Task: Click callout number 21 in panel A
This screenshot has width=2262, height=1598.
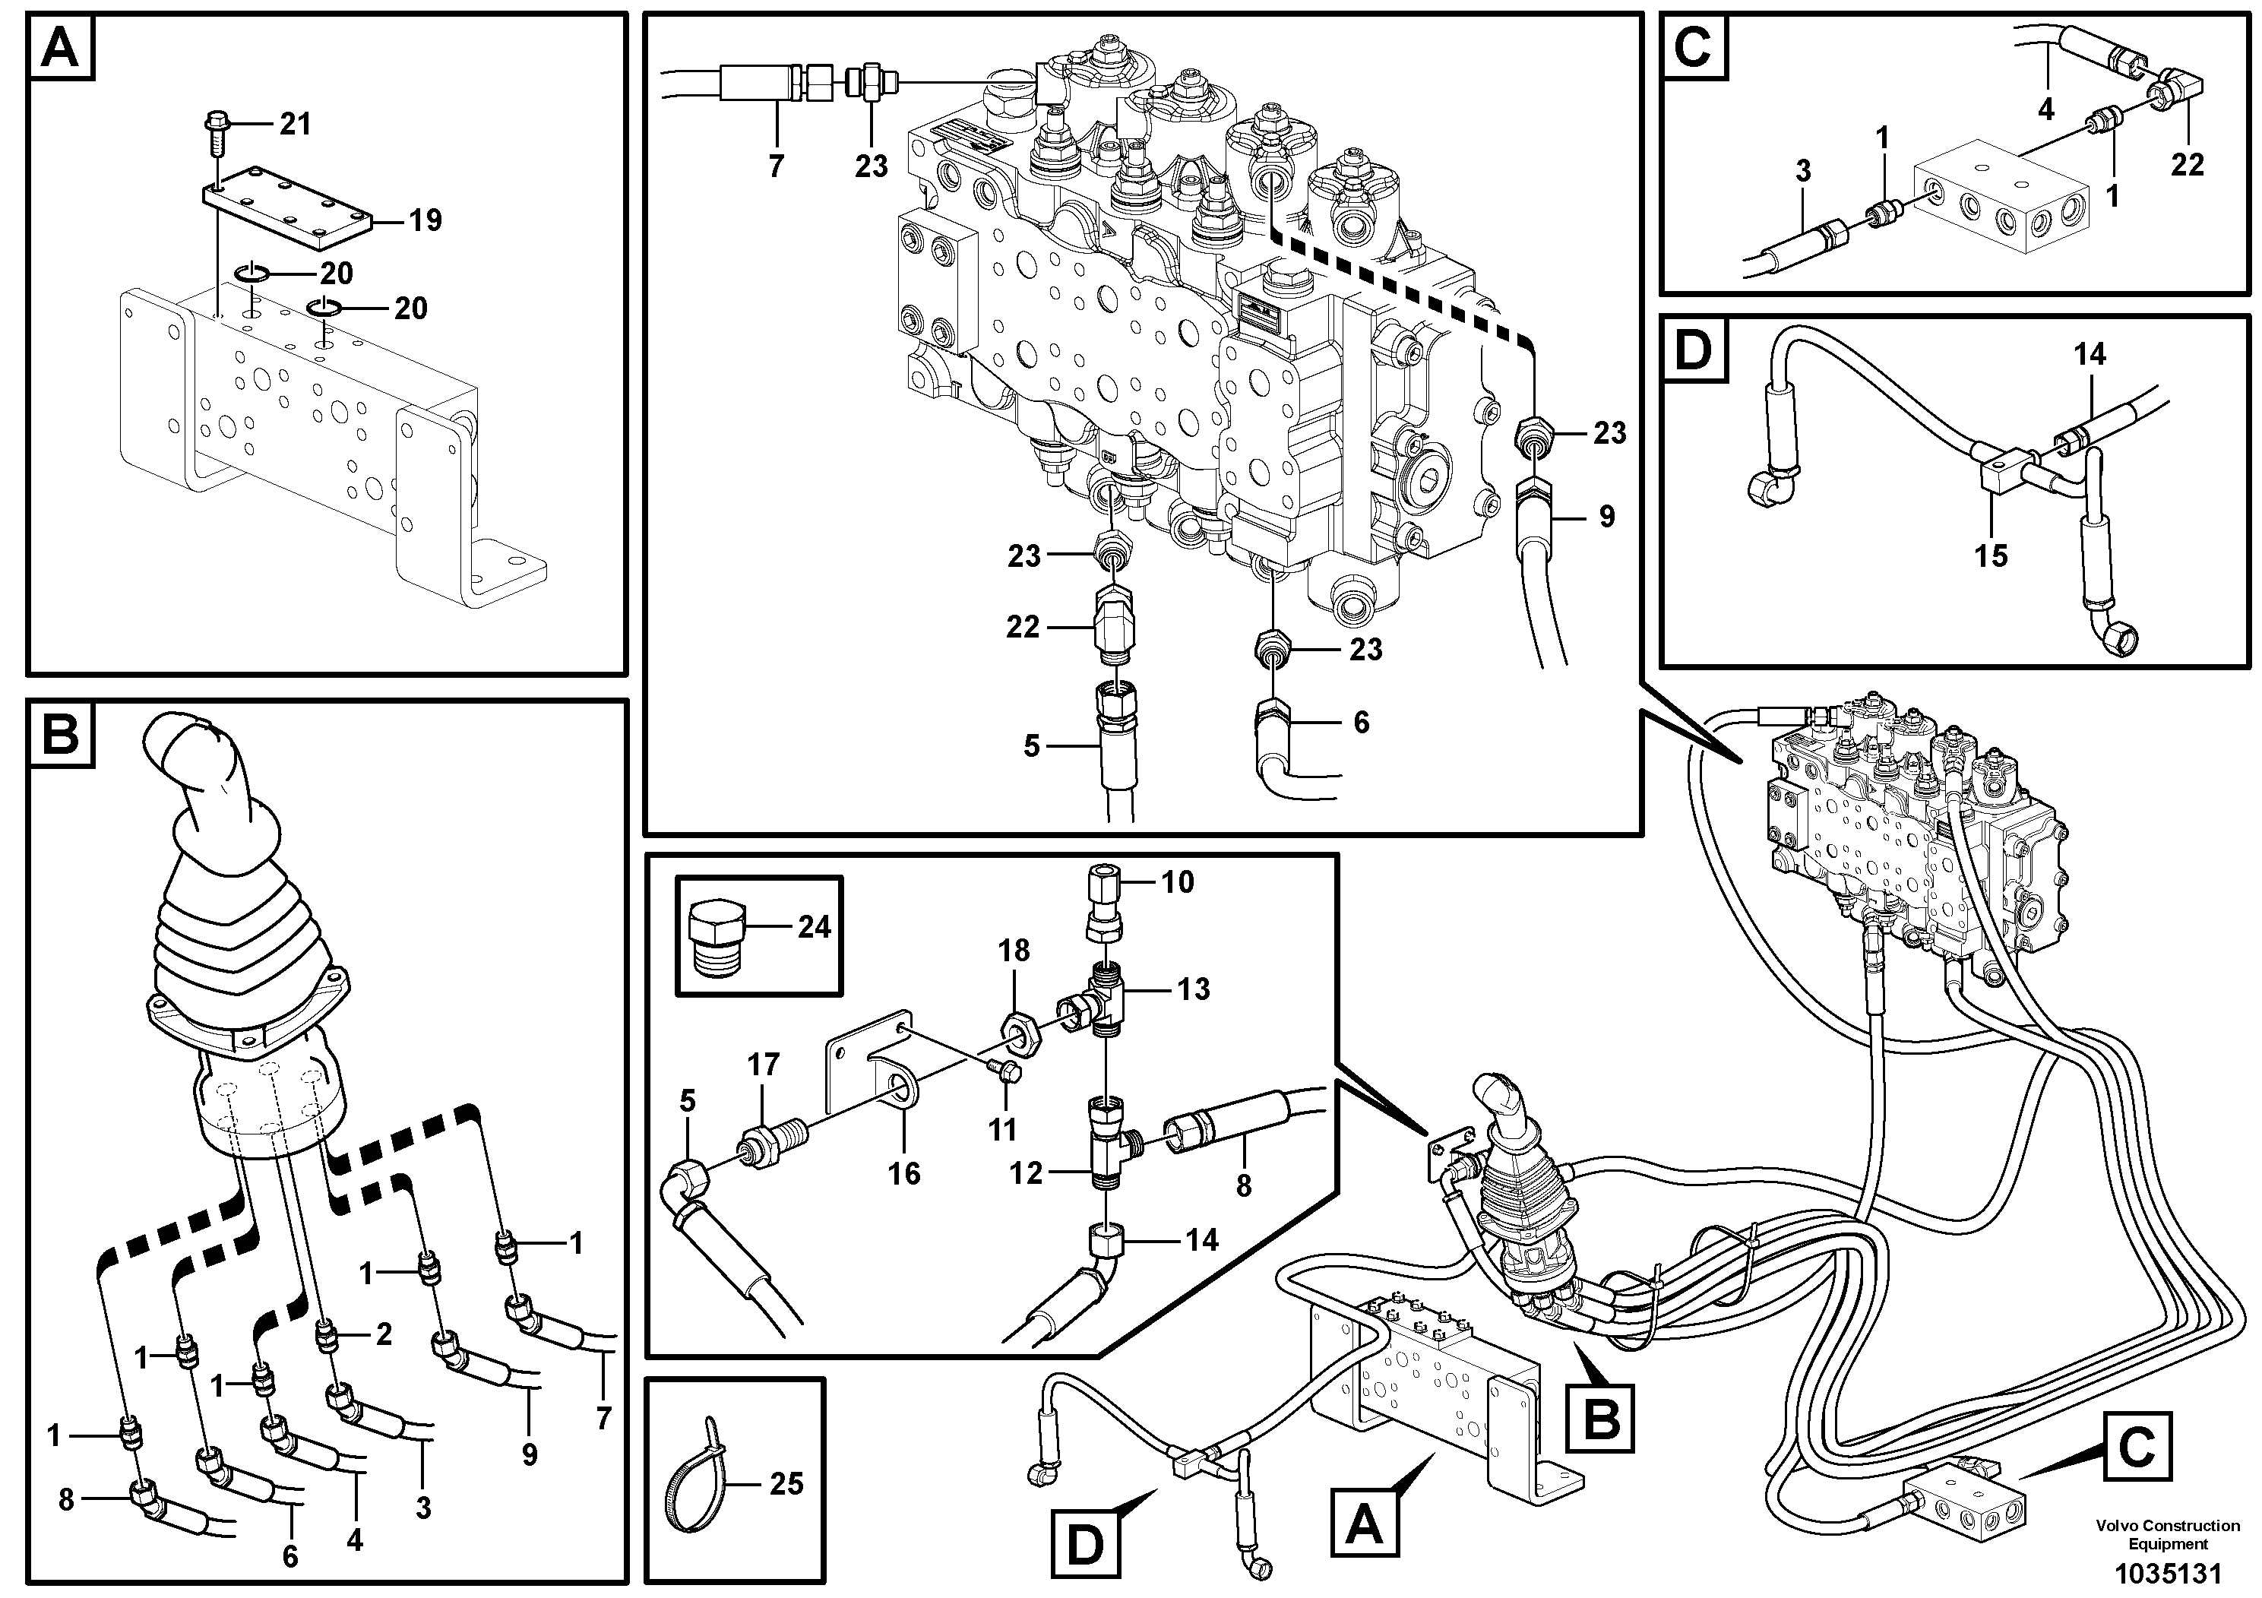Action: [295, 124]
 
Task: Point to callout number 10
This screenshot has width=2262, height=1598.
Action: [1177, 881]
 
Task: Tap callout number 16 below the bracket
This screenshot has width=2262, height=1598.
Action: [903, 1173]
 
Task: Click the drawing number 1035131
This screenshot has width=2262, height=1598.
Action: [2168, 1571]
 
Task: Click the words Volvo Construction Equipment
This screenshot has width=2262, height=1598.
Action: [2168, 1535]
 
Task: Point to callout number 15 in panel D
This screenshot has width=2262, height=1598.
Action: [1990, 555]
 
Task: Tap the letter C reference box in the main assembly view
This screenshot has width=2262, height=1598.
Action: [2136, 1448]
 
